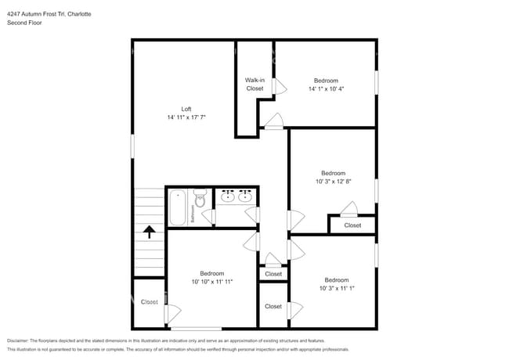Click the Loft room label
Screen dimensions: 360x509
coord(186,109)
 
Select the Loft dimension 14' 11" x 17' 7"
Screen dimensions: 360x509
coord(186,117)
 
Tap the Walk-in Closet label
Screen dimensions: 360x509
coord(254,84)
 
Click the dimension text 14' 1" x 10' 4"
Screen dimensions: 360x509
coord(327,89)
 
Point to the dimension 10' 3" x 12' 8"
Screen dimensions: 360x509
coord(333,182)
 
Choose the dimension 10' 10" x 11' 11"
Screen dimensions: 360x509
coord(211,282)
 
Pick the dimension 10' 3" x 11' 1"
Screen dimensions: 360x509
coord(337,288)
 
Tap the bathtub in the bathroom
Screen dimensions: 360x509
coord(176,207)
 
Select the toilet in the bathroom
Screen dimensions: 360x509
coord(200,200)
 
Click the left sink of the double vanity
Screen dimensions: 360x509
coord(228,196)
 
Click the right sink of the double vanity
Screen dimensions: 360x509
coord(245,196)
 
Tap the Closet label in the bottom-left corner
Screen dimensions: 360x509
coord(149,301)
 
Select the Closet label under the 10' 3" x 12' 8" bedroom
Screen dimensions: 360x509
coord(352,225)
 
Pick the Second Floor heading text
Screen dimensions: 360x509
coord(24,23)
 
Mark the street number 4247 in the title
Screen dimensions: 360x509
coord(14,13)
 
